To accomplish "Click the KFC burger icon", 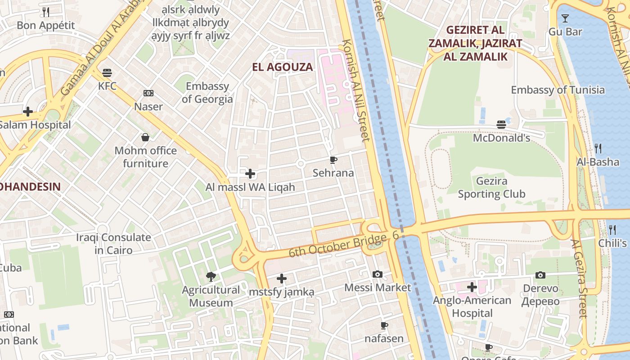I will click(x=107, y=72).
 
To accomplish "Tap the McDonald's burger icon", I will click(x=501, y=125).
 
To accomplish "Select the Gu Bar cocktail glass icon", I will click(x=565, y=18).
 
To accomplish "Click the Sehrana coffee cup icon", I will click(x=333, y=160).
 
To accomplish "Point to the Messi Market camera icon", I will click(x=378, y=274).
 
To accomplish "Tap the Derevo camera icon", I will click(x=540, y=275).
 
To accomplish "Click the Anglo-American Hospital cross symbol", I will click(x=472, y=287).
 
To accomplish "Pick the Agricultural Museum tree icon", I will click(x=211, y=277).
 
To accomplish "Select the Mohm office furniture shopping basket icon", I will click(x=145, y=137).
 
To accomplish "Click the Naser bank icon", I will click(x=148, y=93).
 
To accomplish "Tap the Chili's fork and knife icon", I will click(x=612, y=230).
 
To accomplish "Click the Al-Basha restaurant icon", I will click(x=598, y=148).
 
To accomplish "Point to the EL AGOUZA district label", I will click(x=282, y=67).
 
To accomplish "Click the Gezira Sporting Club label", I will click(x=491, y=188).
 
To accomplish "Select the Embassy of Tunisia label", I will click(x=558, y=90).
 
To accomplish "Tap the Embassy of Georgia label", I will click(x=207, y=93).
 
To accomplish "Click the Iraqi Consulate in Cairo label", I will click(x=113, y=243).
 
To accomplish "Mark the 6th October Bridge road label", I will click(x=337, y=245).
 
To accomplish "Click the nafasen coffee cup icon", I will click(x=384, y=325).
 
